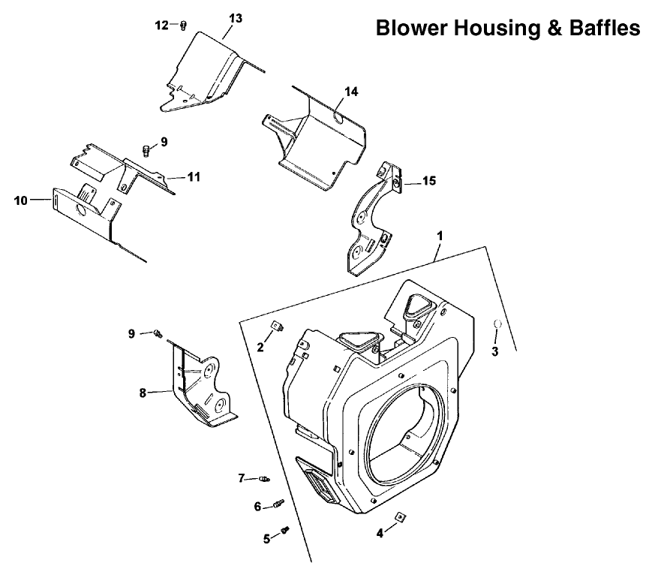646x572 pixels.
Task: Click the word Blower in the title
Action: point(412,28)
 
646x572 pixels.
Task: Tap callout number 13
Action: point(236,19)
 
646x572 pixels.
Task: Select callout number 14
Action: point(351,92)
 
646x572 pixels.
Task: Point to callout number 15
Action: point(429,181)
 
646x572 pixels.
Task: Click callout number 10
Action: point(20,200)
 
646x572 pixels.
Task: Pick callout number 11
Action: point(194,177)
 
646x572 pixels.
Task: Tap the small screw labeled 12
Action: point(184,26)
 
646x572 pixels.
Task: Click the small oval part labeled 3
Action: point(497,324)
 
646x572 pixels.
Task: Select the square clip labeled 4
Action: point(399,516)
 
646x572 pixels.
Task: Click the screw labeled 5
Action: point(284,530)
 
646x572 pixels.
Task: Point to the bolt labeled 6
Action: point(279,504)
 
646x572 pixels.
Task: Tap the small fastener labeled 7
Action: point(264,478)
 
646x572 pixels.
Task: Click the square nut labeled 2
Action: point(278,327)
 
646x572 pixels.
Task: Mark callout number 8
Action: point(143,393)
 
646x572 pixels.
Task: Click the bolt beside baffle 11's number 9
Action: point(146,150)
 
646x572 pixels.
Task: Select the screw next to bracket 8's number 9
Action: point(158,333)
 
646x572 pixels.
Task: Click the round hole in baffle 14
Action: point(338,119)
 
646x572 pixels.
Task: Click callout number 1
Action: point(440,236)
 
